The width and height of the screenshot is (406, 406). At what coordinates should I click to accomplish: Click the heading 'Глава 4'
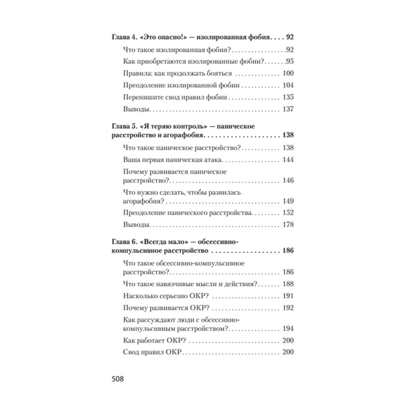click(x=123, y=38)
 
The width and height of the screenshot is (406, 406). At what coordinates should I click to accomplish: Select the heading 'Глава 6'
click(x=123, y=242)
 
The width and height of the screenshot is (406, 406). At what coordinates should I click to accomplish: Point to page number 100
click(x=288, y=74)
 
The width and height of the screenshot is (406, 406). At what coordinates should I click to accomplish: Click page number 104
click(x=288, y=85)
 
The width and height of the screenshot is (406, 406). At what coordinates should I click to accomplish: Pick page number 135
click(x=288, y=97)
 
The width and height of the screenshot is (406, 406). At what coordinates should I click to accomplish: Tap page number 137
click(x=288, y=109)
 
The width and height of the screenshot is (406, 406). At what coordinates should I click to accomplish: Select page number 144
click(x=288, y=160)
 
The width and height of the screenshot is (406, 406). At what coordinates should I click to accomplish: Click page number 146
click(x=288, y=180)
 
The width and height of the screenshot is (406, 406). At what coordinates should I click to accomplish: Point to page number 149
click(x=288, y=201)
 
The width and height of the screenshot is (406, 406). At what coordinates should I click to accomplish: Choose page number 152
click(x=288, y=213)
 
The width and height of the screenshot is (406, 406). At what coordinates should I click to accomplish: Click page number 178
click(x=288, y=225)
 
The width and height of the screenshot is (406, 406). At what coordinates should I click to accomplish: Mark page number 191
click(x=288, y=296)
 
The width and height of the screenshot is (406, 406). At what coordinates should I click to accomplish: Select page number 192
click(x=288, y=308)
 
